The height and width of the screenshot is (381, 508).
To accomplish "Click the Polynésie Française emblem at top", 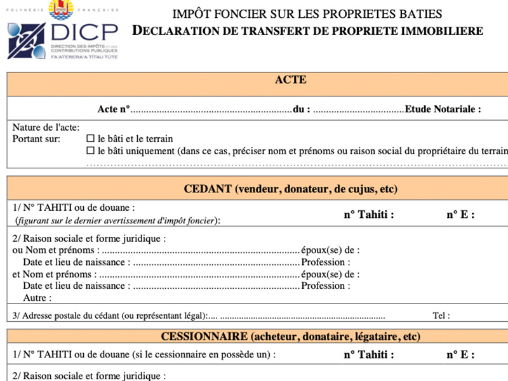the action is (x=63, y=9).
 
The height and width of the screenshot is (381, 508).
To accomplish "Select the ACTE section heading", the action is (x=290, y=80).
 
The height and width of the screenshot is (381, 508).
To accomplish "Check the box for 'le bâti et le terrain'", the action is (x=90, y=139).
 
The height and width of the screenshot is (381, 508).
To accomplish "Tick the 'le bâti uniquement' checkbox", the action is (x=90, y=151).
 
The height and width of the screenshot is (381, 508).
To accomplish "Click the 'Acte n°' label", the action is (x=113, y=109).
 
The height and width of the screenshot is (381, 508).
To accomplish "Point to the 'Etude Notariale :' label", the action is (x=443, y=109).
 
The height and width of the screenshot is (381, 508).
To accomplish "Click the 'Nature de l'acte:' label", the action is (x=46, y=128).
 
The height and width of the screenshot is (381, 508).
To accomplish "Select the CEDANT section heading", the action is (x=290, y=189).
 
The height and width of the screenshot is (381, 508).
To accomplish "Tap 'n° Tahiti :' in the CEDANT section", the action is (x=369, y=215).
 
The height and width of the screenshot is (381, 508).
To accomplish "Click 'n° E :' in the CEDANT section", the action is (x=460, y=215).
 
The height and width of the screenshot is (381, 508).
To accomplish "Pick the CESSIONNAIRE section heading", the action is (x=290, y=336).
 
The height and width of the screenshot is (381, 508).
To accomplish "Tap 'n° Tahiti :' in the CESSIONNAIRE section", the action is (x=369, y=355).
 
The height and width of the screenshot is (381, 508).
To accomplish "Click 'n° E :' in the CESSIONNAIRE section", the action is (x=460, y=355).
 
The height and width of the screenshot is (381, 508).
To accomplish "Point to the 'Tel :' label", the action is (x=441, y=316).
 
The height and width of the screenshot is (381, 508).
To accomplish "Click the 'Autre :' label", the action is (x=37, y=298).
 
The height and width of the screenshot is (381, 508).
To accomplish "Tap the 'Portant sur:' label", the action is (x=36, y=139).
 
